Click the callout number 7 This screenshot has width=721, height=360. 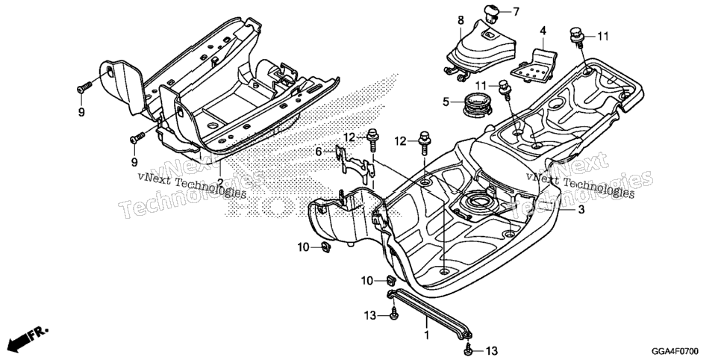(x=516, y=12)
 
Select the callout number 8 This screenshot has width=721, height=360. (x=461, y=20)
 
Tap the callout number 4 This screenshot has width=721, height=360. (x=543, y=31)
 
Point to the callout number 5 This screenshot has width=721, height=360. (x=446, y=102)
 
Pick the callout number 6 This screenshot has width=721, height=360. (x=318, y=152)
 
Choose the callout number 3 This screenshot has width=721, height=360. (x=581, y=210)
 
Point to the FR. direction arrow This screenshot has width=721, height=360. (x=27, y=338)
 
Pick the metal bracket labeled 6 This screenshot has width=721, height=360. (x=354, y=161)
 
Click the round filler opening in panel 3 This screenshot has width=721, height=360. (x=476, y=202)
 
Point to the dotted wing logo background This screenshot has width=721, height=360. (x=313, y=152)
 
